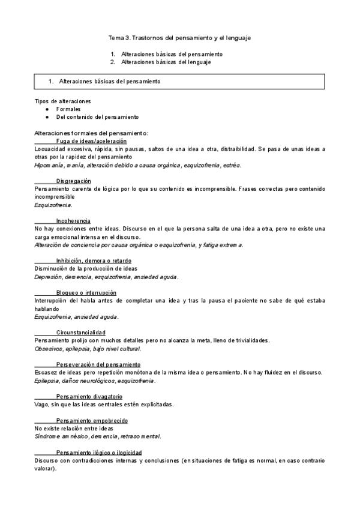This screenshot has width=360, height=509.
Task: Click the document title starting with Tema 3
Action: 179,38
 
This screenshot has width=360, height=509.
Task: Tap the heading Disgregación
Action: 74,181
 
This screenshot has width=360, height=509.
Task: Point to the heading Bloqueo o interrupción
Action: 86,292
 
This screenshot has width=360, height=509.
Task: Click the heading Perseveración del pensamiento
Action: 98,364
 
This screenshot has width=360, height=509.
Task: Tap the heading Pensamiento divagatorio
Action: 89,397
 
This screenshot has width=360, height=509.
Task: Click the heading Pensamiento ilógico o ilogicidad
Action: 99,453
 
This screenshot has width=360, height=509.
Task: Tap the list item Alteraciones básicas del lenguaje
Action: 166,62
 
